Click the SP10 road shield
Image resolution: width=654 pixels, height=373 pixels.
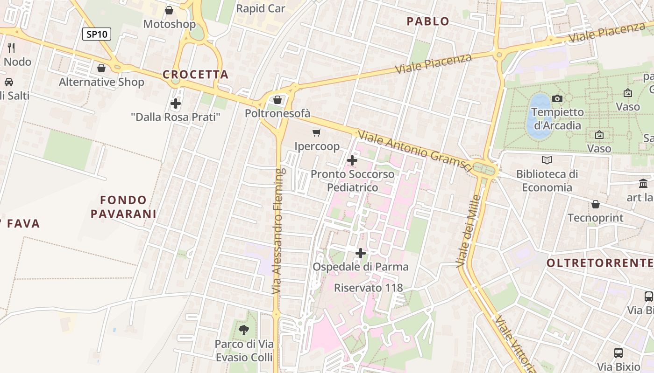tap(97, 34)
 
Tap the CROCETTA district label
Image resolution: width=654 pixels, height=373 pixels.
tap(196, 75)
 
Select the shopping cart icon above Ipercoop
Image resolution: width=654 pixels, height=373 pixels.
tap(317, 133)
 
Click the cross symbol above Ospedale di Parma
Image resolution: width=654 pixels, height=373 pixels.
tap(360, 253)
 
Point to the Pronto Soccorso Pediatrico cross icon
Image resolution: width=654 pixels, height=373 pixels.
tap(352, 160)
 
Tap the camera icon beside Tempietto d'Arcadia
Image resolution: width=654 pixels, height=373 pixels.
tap(557, 98)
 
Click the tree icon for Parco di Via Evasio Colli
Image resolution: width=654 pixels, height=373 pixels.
tap(243, 330)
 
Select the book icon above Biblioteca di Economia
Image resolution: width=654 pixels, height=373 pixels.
tap(547, 160)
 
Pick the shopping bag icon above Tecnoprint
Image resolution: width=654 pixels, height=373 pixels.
tap(596, 204)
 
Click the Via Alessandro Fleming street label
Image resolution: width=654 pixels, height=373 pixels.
tap(278, 231)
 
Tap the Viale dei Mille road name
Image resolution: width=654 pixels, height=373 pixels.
tap(469, 231)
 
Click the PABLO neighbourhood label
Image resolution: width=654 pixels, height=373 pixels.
tap(428, 21)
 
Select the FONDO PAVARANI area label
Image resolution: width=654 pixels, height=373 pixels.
tap(123, 207)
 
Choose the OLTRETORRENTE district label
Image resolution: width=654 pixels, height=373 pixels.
tap(600, 263)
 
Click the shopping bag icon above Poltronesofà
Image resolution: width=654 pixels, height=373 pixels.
tap(277, 100)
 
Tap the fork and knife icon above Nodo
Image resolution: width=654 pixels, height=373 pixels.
tap(11, 48)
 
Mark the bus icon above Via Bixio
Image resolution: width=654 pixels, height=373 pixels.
tap(618, 353)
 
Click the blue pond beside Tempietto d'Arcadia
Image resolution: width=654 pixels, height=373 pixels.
tap(539, 117)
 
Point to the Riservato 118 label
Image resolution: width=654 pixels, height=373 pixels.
tap(368, 288)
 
